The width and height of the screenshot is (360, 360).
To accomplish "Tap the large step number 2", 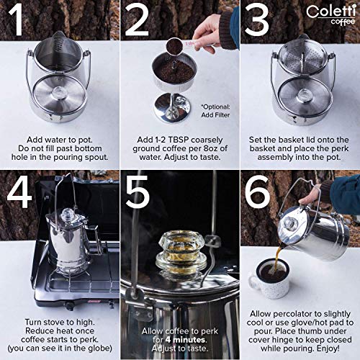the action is click(x=136, y=20).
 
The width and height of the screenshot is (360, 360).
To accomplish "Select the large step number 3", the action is click(x=256, y=20).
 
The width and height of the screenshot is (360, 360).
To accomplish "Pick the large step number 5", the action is click(x=138, y=192).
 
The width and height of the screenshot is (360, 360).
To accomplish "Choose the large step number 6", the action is click(x=258, y=192).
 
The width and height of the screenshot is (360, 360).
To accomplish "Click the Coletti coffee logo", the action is click(x=330, y=15).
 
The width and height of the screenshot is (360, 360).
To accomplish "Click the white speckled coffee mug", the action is click(x=269, y=279).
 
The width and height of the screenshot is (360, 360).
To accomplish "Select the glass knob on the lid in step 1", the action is click(x=58, y=92).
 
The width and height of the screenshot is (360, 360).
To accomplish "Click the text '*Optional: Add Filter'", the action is click(x=215, y=111).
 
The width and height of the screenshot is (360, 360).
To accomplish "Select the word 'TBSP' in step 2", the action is click(x=179, y=140).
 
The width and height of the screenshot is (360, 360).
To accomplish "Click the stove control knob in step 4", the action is click(x=70, y=306).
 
